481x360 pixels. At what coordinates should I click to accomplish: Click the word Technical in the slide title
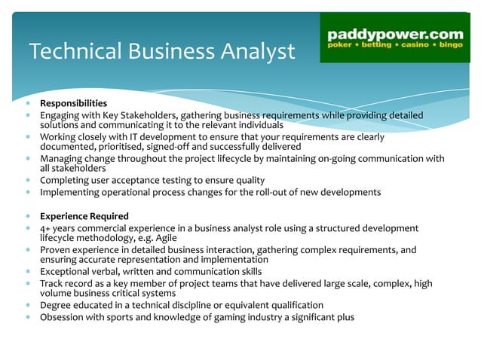tap(69, 51)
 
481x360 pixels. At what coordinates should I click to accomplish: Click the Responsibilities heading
tap(73, 103)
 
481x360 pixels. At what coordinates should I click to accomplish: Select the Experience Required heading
tap(84, 216)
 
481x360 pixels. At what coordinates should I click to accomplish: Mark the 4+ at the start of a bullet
tap(46, 227)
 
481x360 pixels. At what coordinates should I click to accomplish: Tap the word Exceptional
tap(67, 271)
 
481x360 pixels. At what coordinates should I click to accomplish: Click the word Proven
tap(56, 249)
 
